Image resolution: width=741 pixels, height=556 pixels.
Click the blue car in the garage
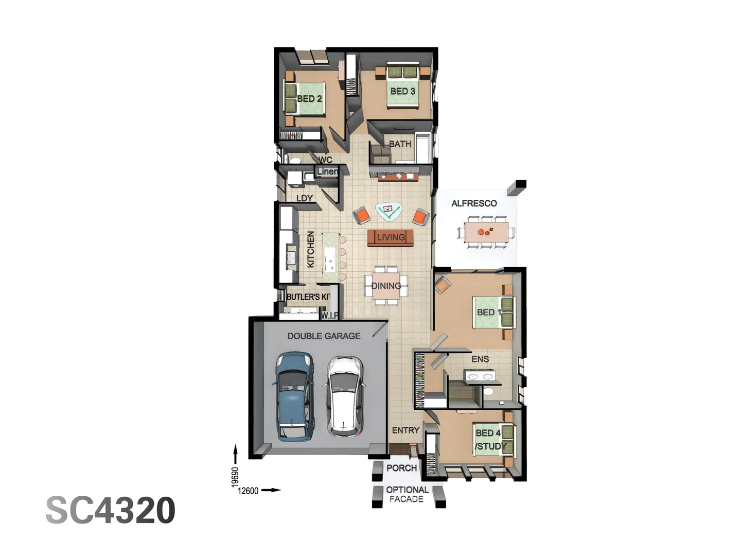click(x=294, y=396)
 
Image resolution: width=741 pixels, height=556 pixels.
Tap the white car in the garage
click(x=345, y=396)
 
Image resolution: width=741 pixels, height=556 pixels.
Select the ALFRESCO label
click(x=474, y=203)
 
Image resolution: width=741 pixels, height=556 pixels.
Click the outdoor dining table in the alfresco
click(x=486, y=231)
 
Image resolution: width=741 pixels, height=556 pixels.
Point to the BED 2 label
click(x=309, y=98)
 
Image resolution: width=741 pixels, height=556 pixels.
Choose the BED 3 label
click(x=402, y=91)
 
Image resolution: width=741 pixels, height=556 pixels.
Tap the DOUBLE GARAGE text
click(x=324, y=336)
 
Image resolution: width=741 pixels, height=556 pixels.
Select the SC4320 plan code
click(x=111, y=510)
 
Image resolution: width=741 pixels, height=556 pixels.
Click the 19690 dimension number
click(x=235, y=477)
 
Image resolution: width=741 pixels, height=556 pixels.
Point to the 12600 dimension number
click(x=248, y=491)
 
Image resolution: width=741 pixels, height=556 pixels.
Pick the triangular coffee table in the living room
click(x=389, y=211)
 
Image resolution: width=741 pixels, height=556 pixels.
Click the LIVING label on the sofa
click(x=391, y=237)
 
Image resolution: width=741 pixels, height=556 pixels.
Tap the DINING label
click(x=386, y=286)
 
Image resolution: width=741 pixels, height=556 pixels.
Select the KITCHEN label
click(x=311, y=249)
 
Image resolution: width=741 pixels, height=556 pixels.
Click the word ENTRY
click(x=405, y=430)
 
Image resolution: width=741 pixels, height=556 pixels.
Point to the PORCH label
click(x=401, y=468)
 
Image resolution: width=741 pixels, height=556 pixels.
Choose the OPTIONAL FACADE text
click(x=407, y=494)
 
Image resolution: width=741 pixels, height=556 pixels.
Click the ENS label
click(x=480, y=359)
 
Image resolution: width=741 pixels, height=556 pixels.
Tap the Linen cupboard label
click(x=327, y=171)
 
